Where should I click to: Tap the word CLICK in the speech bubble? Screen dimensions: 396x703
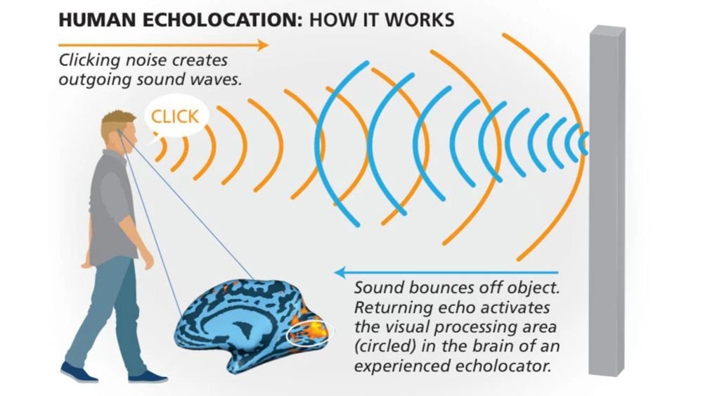tap(175, 116)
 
